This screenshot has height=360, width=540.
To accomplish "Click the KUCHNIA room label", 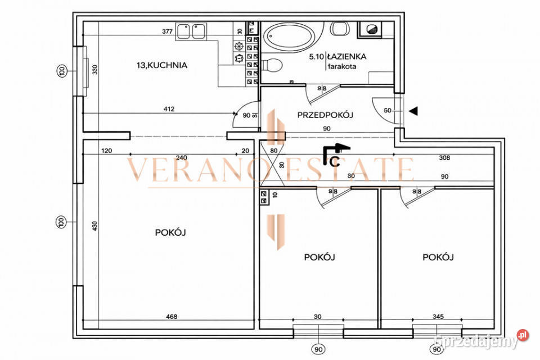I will click(x=161, y=65).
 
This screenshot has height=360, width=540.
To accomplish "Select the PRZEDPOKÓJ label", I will click(x=325, y=115).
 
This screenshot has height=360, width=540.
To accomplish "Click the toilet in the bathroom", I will click(x=272, y=65).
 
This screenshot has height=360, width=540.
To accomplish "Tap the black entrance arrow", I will click(x=413, y=111).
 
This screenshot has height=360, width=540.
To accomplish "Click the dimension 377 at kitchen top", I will click(x=167, y=32).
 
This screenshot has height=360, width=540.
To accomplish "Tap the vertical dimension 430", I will click(x=95, y=226).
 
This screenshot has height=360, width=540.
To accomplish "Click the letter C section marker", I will click(x=334, y=163).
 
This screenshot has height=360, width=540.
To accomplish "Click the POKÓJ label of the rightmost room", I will click(x=438, y=257).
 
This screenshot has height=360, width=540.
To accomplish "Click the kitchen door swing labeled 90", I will click(x=246, y=115).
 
